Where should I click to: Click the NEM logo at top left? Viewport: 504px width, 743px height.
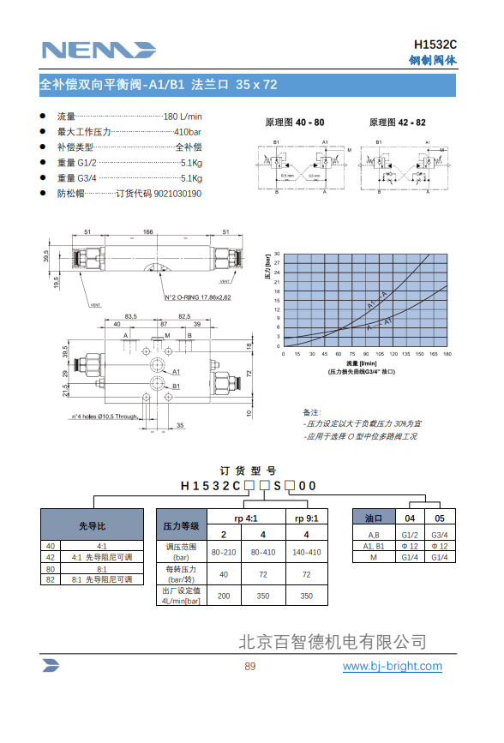[98, 50]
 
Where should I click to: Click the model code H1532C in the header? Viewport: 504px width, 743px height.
[435, 45]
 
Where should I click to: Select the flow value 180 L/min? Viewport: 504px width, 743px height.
[183, 117]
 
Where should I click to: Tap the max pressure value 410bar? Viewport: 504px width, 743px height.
[188, 132]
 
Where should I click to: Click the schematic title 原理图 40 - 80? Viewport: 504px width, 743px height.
[295, 123]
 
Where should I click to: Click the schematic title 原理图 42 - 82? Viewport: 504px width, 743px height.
[397, 123]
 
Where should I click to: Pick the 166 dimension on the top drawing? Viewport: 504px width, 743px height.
[148, 232]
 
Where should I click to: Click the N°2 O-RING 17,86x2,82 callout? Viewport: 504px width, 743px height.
[197, 297]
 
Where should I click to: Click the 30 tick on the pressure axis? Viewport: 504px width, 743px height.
[278, 254]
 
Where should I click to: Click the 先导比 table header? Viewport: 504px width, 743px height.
[92, 525]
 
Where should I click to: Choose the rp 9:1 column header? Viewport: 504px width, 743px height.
[306, 518]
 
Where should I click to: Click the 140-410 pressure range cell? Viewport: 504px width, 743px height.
[306, 553]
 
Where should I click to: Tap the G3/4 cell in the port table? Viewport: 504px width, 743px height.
[440, 535]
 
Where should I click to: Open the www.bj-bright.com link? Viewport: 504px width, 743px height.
[393, 666]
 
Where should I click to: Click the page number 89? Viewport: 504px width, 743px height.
[250, 667]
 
